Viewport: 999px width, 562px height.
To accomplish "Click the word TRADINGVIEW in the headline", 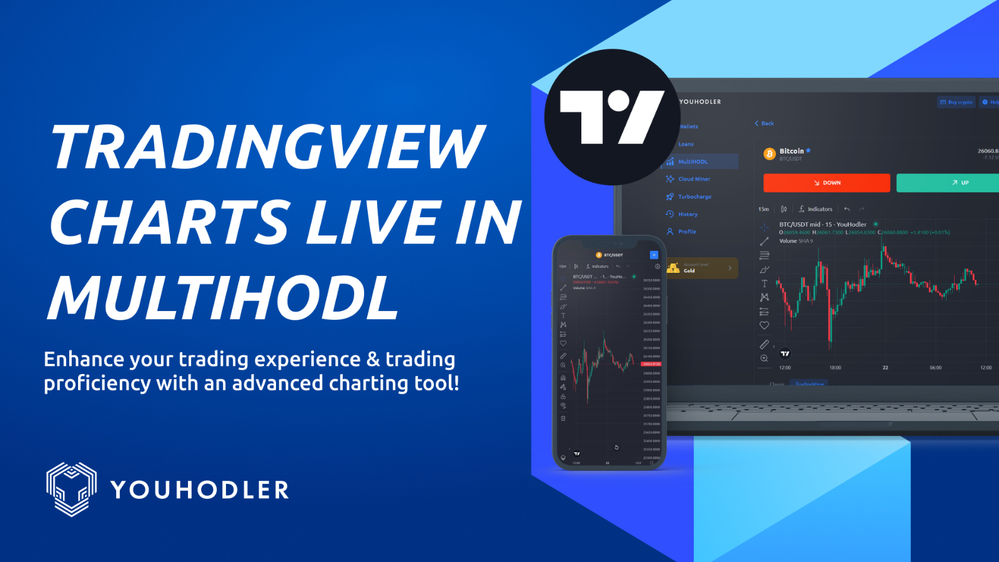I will click(x=267, y=147).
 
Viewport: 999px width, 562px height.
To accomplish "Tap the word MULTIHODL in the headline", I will click(x=224, y=298).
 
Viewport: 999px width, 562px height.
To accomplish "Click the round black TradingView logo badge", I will click(x=612, y=117).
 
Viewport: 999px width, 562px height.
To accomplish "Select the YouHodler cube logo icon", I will click(x=71, y=489).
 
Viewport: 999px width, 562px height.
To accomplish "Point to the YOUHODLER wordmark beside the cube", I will click(x=200, y=490).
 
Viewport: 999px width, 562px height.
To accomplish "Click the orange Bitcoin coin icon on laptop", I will click(x=770, y=154).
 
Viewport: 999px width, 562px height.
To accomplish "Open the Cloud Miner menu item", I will click(x=694, y=179).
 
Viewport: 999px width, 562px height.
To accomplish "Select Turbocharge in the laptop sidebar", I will click(x=694, y=197).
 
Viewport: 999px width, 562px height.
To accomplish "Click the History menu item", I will click(x=687, y=214).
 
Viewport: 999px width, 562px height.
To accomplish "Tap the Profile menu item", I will click(x=687, y=232).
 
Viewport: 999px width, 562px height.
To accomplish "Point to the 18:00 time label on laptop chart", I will click(x=835, y=368).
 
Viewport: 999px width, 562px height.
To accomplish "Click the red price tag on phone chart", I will click(x=651, y=363).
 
